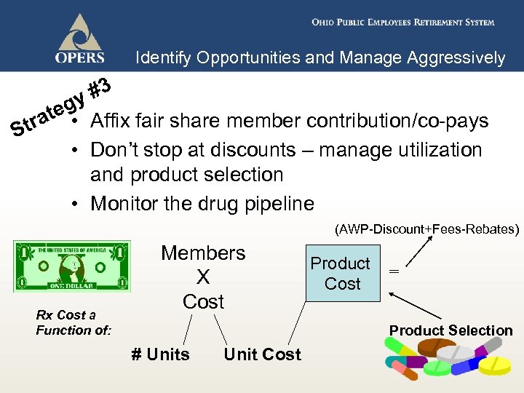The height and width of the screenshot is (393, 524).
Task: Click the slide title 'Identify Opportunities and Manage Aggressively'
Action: (320, 58)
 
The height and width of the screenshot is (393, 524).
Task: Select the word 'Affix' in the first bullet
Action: (114, 121)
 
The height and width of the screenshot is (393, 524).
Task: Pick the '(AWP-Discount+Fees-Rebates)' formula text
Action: (427, 230)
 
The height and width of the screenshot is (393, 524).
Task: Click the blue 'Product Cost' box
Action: (341, 274)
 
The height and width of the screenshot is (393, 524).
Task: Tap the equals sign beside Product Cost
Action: (394, 271)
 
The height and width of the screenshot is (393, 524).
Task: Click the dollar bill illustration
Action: (71, 266)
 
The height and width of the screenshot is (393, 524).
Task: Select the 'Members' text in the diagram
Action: (203, 253)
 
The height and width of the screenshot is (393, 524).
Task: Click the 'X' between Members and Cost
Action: (203, 277)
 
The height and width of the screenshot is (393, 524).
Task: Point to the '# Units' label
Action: (160, 354)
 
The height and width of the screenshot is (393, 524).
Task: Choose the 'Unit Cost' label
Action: (262, 354)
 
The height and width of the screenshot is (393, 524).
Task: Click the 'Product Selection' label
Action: (450, 330)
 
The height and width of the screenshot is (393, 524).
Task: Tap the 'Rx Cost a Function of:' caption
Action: (74, 322)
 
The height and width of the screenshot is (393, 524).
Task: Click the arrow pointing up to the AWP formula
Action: (412, 250)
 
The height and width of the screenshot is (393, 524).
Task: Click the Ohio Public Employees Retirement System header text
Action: (402, 23)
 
